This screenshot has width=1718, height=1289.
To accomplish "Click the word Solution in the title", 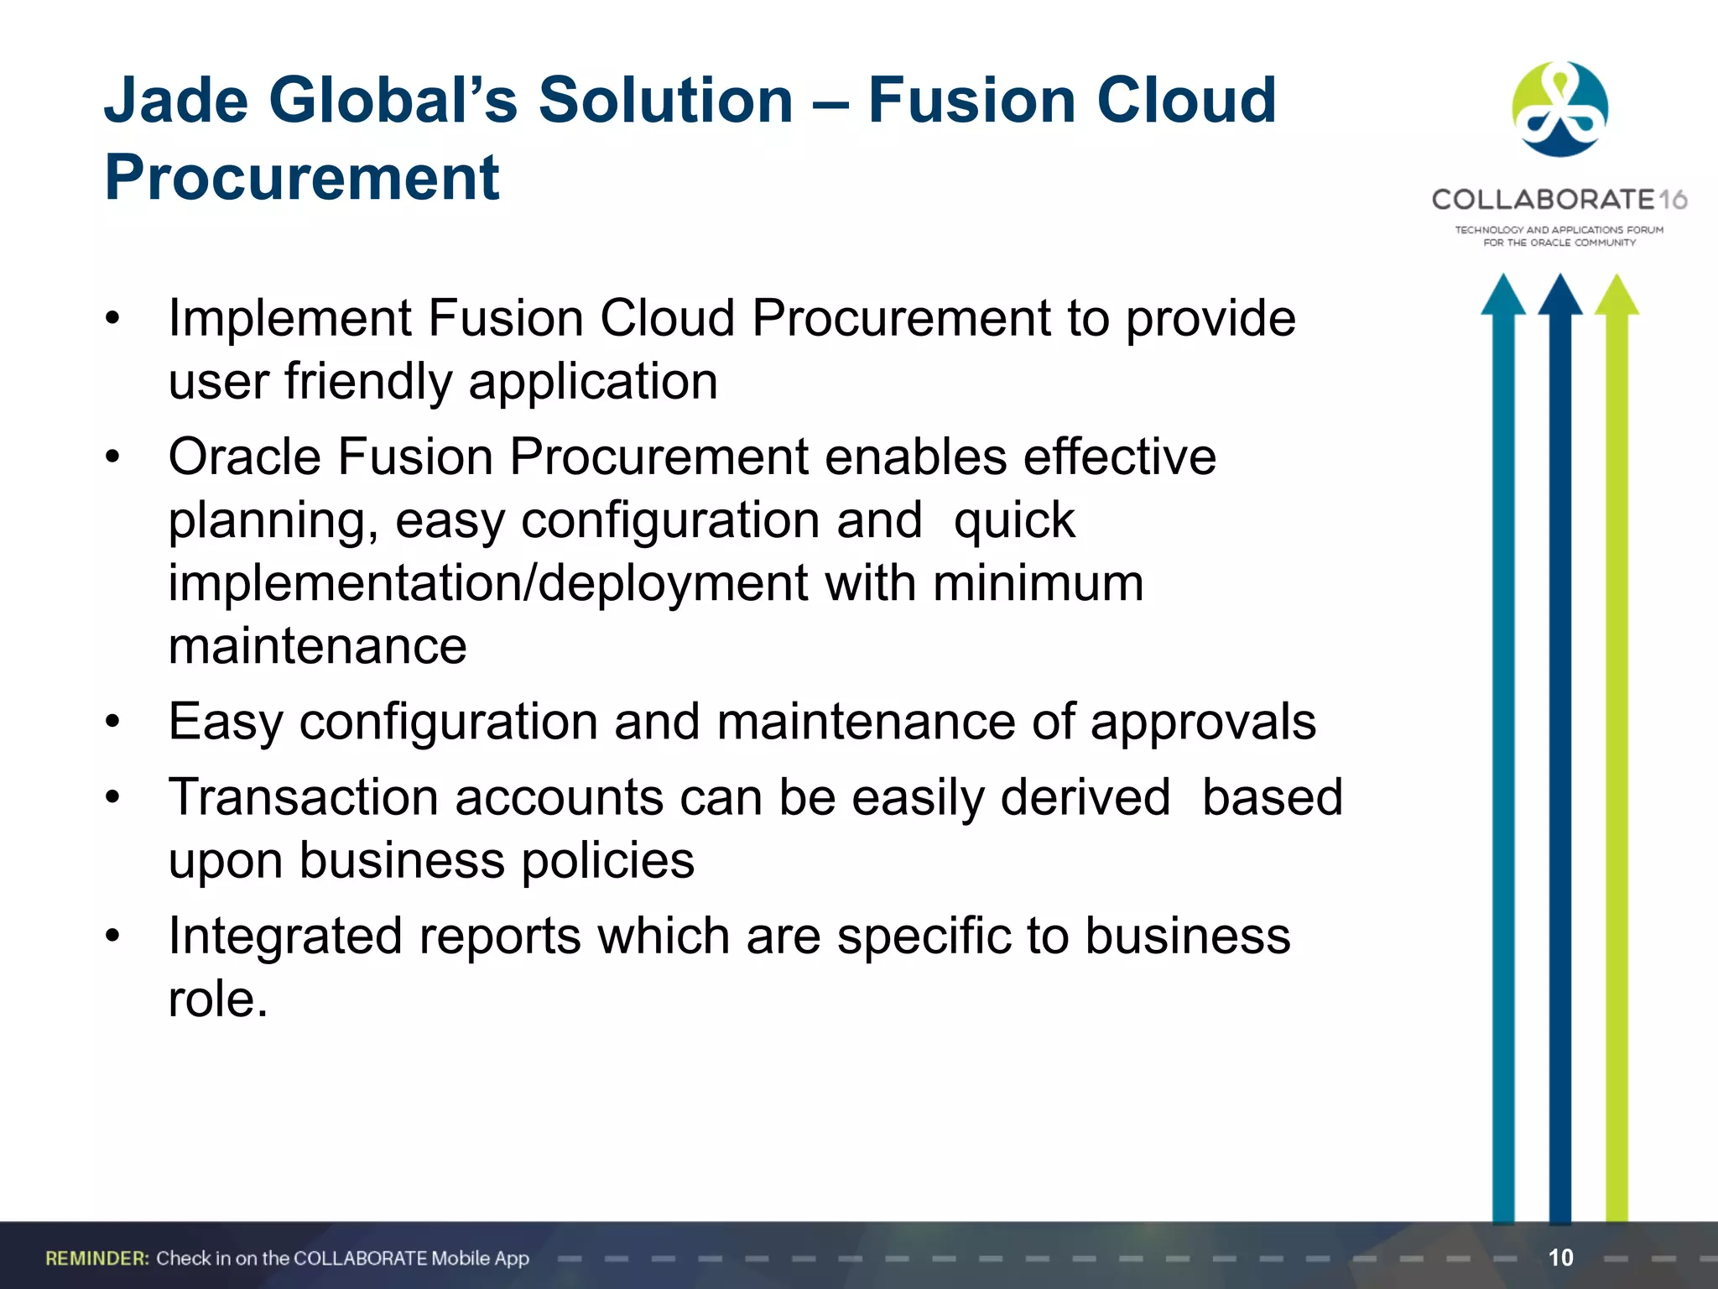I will click(x=665, y=100).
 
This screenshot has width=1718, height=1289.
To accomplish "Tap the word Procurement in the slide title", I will click(x=302, y=178).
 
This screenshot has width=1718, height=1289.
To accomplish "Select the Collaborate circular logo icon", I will click(x=1559, y=109).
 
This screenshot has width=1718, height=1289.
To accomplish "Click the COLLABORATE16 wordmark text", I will click(x=1559, y=200).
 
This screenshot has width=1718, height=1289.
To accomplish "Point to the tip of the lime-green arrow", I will click(x=1616, y=279).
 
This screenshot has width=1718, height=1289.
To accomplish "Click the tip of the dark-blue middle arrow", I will click(x=1560, y=279).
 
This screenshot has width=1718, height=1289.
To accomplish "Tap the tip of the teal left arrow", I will click(x=1503, y=279).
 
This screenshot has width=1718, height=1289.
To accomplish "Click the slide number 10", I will click(x=1560, y=1257).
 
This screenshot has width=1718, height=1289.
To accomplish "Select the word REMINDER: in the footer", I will click(x=97, y=1258).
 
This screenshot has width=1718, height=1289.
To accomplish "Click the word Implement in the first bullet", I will click(x=290, y=319).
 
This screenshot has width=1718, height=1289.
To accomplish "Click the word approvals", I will click(x=1203, y=722).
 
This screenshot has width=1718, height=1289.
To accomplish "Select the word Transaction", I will click(x=303, y=797).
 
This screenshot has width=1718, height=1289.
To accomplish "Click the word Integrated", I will click(x=285, y=936).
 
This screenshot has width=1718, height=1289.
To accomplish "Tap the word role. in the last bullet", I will click(x=218, y=999).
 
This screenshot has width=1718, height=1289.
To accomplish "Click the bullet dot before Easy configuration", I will click(x=113, y=722).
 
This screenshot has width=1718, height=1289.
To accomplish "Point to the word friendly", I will click(x=369, y=382).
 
